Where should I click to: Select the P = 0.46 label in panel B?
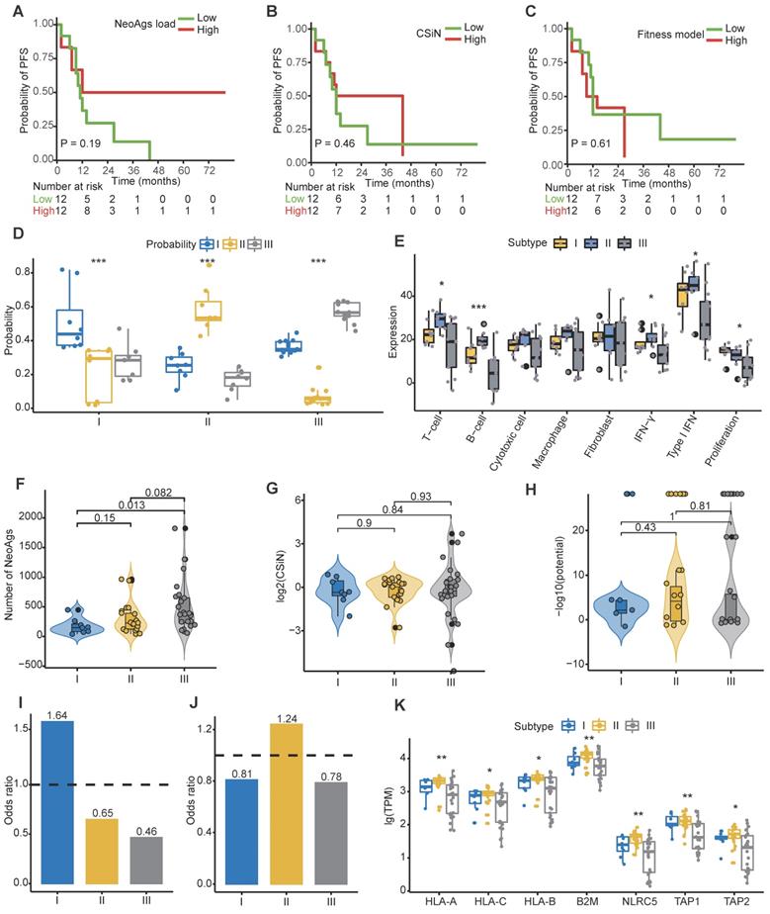coord(338,143)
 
